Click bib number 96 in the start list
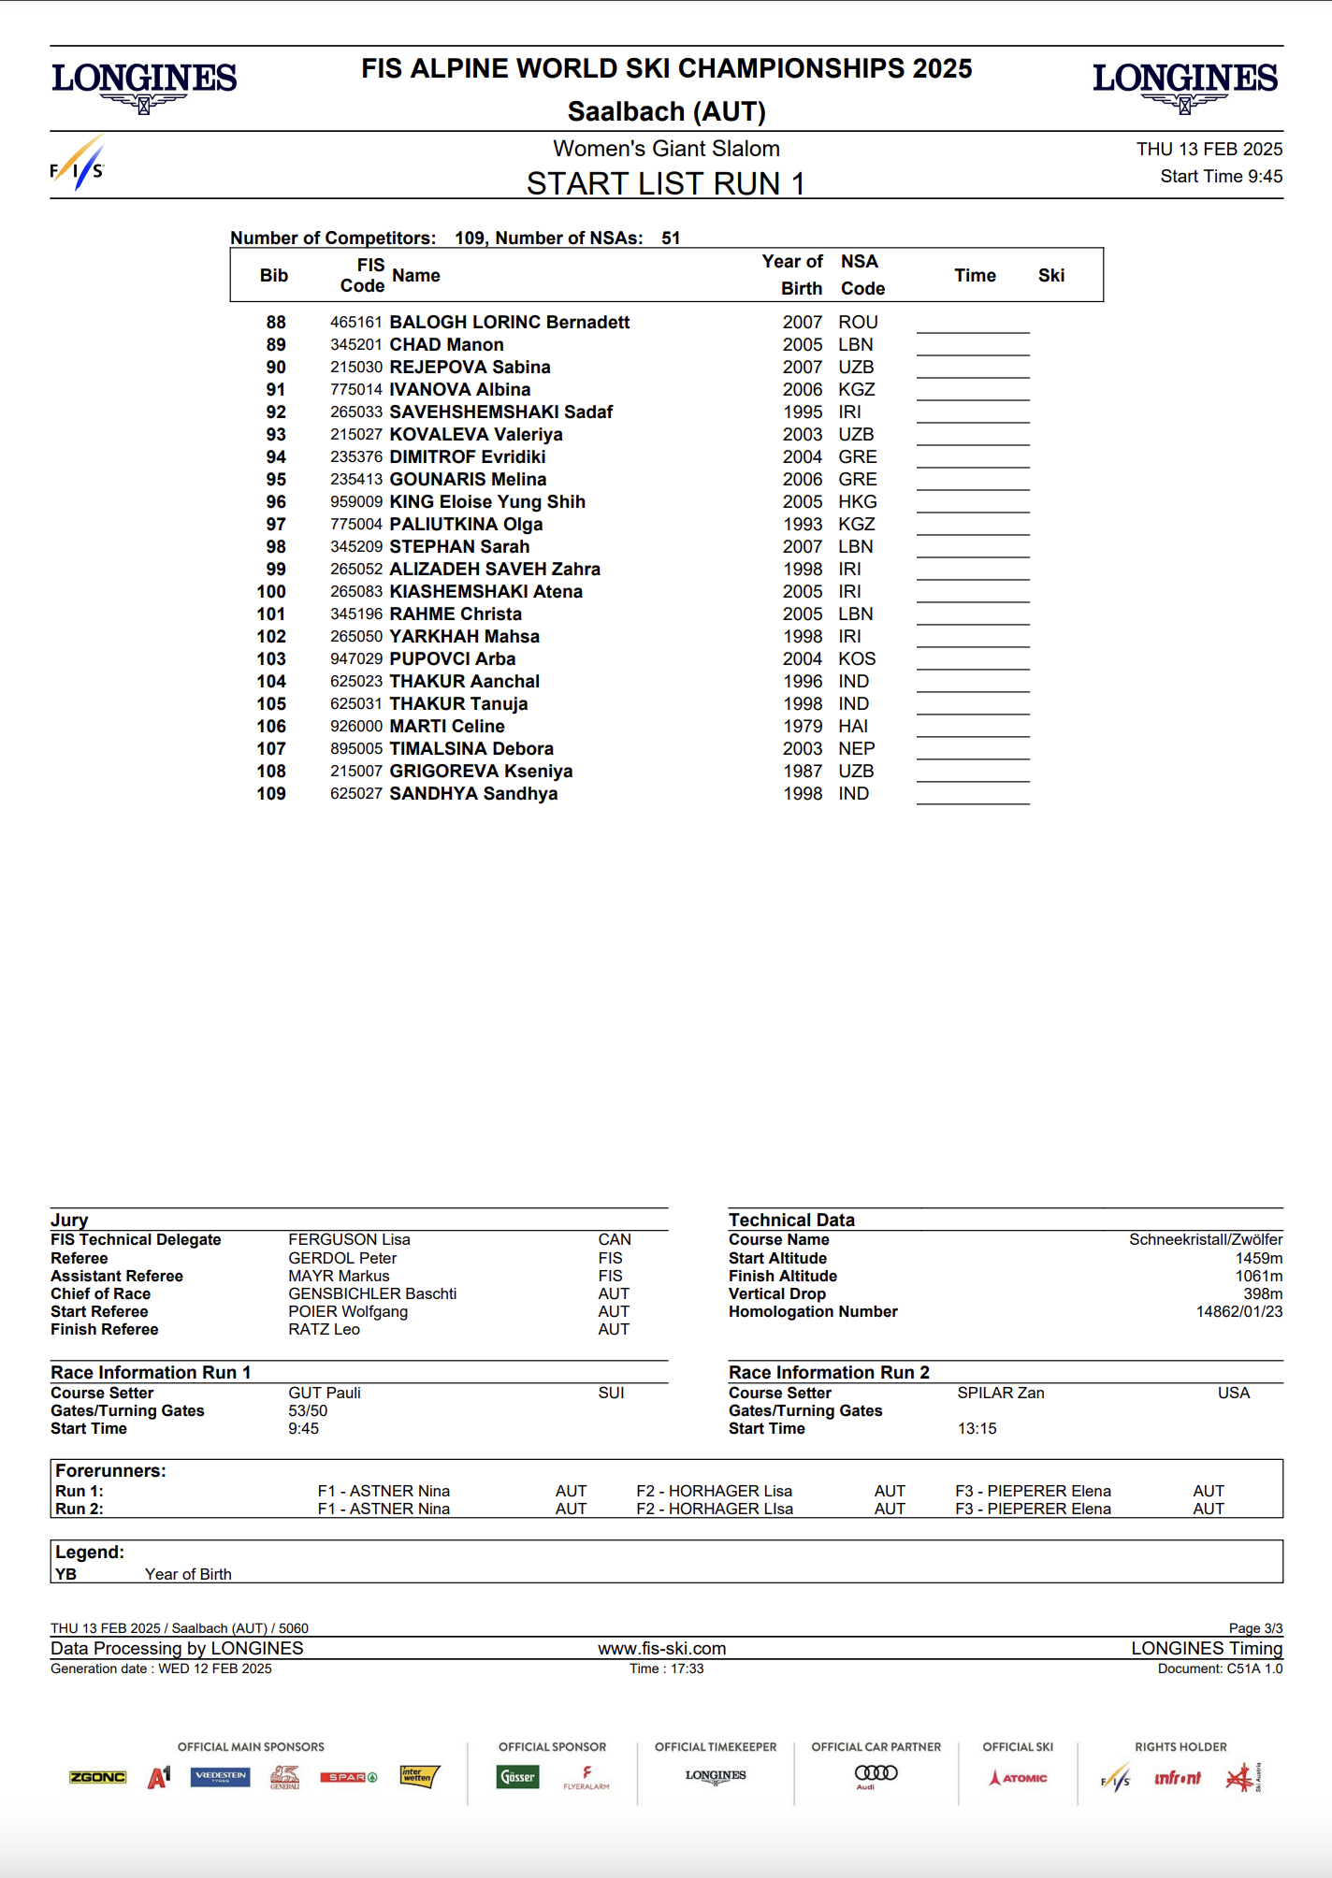pyautogui.click(x=276, y=502)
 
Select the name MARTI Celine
pyautogui.click(x=447, y=727)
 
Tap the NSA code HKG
pyautogui.click(x=857, y=502)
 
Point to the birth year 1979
pyautogui.click(x=803, y=727)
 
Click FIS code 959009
pyautogui.click(x=356, y=502)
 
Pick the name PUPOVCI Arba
pyautogui.click(x=453, y=659)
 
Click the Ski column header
pyautogui.click(x=1051, y=276)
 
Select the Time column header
pyautogui.click(x=975, y=276)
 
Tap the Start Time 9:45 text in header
pyautogui.click(x=1221, y=177)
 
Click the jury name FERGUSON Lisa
pyautogui.click(x=349, y=1240)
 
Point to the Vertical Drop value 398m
pyautogui.click(x=1263, y=1294)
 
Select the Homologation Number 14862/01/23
pyautogui.click(x=1238, y=1312)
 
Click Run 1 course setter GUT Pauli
pyautogui.click(x=325, y=1394)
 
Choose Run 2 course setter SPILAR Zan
pyautogui.click(x=1000, y=1394)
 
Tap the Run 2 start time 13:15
pyautogui.click(x=977, y=1429)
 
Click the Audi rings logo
pyautogui.click(x=876, y=1774)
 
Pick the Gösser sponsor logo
pyautogui.click(x=518, y=1777)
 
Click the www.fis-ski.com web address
pyautogui.click(x=662, y=1649)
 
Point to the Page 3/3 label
pyautogui.click(x=1255, y=1628)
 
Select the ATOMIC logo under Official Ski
pyautogui.click(x=1019, y=1778)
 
